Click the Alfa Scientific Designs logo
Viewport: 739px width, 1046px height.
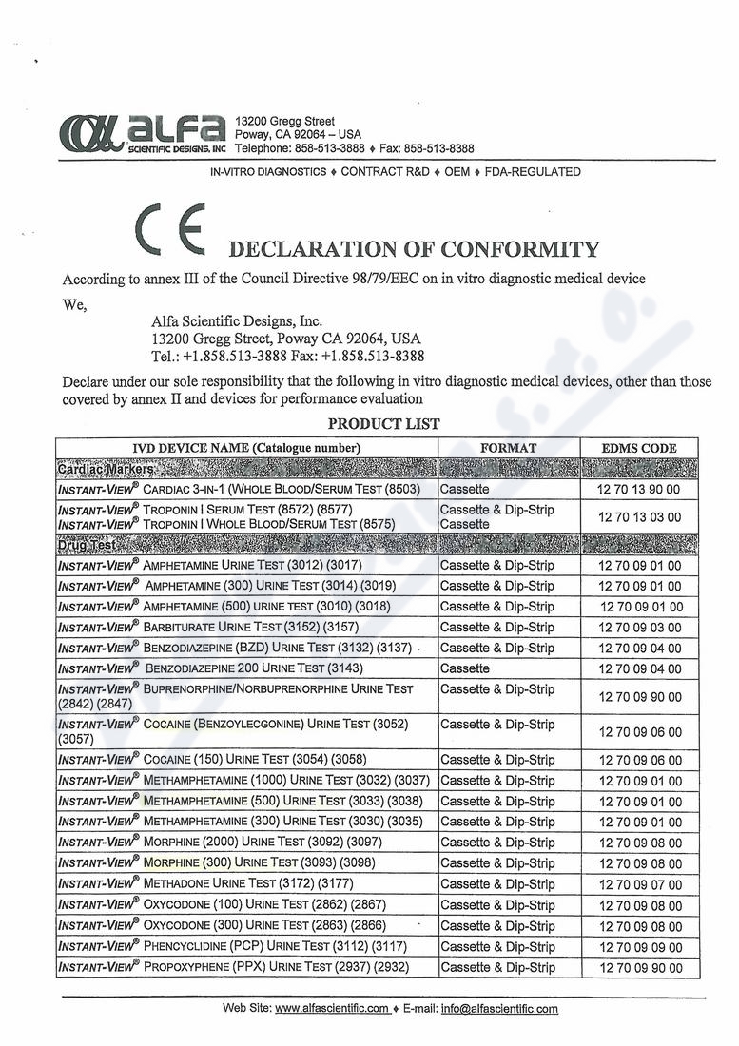pyautogui.click(x=143, y=134)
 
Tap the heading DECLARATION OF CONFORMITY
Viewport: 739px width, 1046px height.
pyautogui.click(x=415, y=250)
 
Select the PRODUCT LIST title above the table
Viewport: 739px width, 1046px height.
pyautogui.click(x=384, y=424)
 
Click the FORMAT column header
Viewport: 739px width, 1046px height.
pyautogui.click(x=509, y=448)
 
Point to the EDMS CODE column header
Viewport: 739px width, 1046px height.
pyautogui.click(x=640, y=448)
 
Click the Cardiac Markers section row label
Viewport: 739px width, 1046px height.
pyautogui.click(x=107, y=469)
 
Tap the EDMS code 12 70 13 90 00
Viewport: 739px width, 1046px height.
pyautogui.click(x=640, y=489)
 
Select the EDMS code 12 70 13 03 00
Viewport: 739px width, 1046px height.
pyautogui.click(x=640, y=516)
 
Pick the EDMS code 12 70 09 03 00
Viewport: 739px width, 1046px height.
pyautogui.click(x=640, y=628)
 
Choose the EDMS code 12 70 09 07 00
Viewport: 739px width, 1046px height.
pyautogui.click(x=640, y=885)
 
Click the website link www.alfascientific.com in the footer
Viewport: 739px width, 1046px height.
pyautogui.click(x=332, y=1009)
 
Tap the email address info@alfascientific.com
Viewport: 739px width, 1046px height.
pyautogui.click(x=499, y=1009)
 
